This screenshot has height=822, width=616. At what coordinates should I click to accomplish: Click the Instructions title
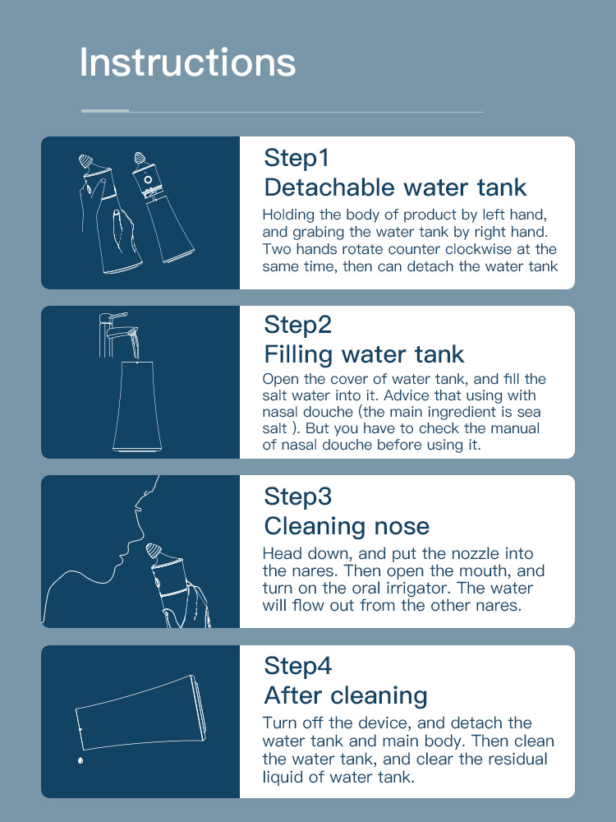pyautogui.click(x=187, y=62)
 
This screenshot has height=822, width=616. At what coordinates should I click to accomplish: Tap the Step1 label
pyautogui.click(x=297, y=157)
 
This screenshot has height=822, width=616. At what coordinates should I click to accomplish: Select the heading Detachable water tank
pyautogui.click(x=396, y=187)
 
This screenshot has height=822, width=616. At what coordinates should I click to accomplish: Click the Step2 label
pyautogui.click(x=297, y=325)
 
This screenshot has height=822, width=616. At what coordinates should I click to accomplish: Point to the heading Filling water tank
pyautogui.click(x=364, y=354)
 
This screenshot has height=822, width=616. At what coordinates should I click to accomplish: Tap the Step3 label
pyautogui.click(x=297, y=496)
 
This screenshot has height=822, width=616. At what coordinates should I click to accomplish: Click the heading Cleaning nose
pyautogui.click(x=347, y=526)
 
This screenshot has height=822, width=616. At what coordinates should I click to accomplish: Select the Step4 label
pyautogui.click(x=297, y=666)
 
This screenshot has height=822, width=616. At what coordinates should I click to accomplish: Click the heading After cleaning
pyautogui.click(x=346, y=695)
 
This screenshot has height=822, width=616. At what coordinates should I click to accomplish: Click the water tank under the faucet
pyautogui.click(x=137, y=406)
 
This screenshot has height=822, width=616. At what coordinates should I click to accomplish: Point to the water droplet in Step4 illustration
pyautogui.click(x=80, y=760)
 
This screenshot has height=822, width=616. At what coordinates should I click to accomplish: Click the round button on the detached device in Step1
pyautogui.click(x=148, y=180)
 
